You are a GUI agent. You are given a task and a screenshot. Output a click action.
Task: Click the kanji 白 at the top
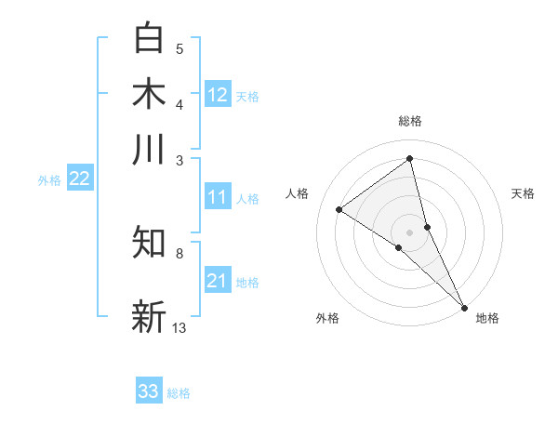click(149, 38)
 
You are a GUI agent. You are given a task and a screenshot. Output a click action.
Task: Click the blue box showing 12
click(218, 95)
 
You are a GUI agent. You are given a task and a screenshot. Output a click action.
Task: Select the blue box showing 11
click(218, 197)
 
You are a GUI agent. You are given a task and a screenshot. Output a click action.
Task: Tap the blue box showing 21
click(218, 281)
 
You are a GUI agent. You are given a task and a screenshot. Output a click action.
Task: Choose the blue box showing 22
click(79, 179)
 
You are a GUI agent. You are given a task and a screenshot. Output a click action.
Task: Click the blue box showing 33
click(149, 391)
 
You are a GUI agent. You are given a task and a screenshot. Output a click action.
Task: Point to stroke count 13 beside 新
click(179, 327)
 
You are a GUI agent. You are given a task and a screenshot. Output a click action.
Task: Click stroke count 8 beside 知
click(179, 253)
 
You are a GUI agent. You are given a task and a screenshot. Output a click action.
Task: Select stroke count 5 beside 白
click(179, 49)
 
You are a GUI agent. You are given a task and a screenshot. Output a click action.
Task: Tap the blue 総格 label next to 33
click(179, 393)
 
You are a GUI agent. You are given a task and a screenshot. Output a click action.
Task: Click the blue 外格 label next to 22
click(48, 180)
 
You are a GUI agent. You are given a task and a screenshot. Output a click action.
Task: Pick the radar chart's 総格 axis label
click(409, 121)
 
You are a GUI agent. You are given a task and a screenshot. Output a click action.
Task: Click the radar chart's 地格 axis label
click(487, 318)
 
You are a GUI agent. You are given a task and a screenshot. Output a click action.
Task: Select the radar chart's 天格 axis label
click(523, 193)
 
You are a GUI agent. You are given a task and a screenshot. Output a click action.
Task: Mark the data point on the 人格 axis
click(339, 209)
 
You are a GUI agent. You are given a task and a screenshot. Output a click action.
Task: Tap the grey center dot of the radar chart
click(409, 232)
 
